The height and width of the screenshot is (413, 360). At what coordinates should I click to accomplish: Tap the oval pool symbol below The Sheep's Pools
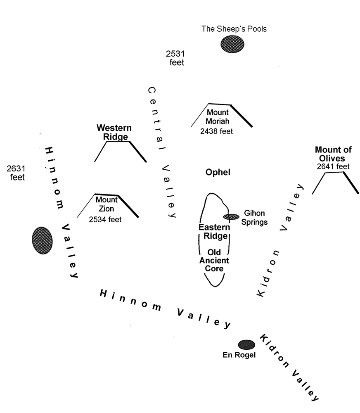232,44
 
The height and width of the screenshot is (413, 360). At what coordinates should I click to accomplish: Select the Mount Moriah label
217,116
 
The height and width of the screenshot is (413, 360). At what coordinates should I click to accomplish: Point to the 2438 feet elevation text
216,131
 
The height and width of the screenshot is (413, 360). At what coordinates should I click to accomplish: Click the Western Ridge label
114,132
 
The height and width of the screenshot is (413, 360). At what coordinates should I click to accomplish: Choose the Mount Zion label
107,204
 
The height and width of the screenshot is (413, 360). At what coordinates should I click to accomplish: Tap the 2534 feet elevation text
105,220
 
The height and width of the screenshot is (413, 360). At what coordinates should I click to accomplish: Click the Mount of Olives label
333,154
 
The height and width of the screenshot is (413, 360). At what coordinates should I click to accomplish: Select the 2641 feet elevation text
333,166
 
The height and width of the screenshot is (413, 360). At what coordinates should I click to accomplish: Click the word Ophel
218,172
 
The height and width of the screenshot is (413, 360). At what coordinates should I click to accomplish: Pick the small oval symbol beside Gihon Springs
231,217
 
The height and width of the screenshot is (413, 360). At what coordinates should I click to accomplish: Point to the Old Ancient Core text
214,260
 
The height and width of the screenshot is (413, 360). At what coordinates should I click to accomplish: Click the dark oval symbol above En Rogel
247,344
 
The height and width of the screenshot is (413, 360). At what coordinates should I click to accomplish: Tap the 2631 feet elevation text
16,173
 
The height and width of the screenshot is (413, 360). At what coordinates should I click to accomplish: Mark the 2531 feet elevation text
175,58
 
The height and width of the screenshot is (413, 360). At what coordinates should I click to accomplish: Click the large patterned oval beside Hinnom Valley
42,240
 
